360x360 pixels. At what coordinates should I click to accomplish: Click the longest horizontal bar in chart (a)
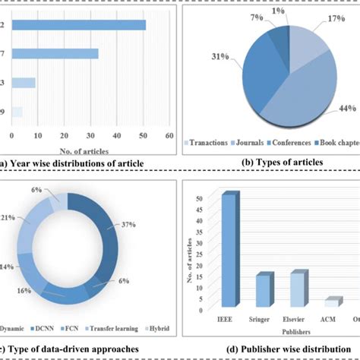coord(72,25)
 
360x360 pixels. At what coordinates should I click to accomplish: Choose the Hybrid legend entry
coord(157,329)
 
